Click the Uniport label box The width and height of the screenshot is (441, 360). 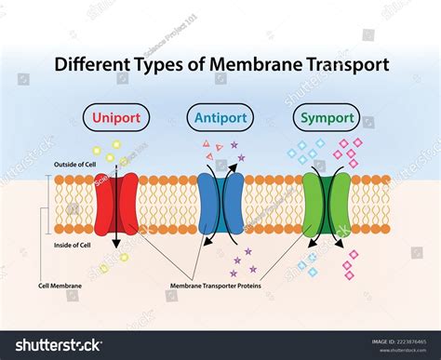coord(117,118)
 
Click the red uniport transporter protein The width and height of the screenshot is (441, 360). coord(117,203)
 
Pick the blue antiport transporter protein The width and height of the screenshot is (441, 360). coord(220,203)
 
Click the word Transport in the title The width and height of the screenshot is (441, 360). coord(357,66)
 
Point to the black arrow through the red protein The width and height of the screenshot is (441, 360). coord(117,219)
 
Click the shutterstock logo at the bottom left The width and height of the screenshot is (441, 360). coord(54,345)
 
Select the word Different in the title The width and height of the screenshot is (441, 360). coord(92,66)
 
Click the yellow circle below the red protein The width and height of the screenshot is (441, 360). coord(124,257)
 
